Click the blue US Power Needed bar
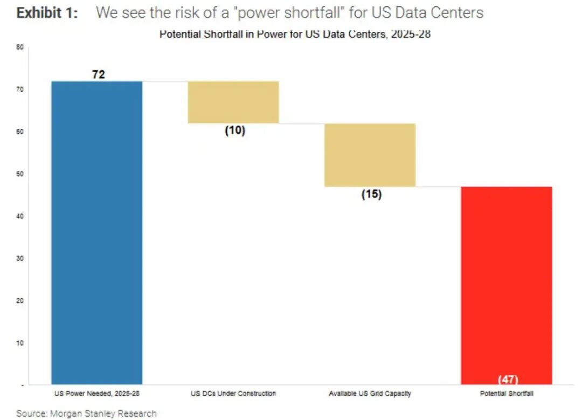97,232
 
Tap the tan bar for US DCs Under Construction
233,102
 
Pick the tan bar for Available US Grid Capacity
370,155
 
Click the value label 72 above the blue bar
99,74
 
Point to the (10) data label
235,130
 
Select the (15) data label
371,194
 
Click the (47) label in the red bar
508,379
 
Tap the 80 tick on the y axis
20,47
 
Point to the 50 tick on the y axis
20,174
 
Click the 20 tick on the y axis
20,300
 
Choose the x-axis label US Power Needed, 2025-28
96,394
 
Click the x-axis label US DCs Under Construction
233,394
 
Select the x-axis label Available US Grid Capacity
370,394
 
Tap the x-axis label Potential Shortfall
507,394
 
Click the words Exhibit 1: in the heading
47,13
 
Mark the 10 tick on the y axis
20,342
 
